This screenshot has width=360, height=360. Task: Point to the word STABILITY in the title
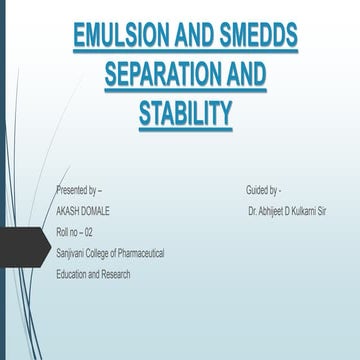coord(185,114)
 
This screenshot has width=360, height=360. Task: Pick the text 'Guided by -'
coord(263,190)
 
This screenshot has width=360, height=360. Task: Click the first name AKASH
coord(70,211)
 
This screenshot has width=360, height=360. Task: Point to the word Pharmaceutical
coord(137,253)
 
